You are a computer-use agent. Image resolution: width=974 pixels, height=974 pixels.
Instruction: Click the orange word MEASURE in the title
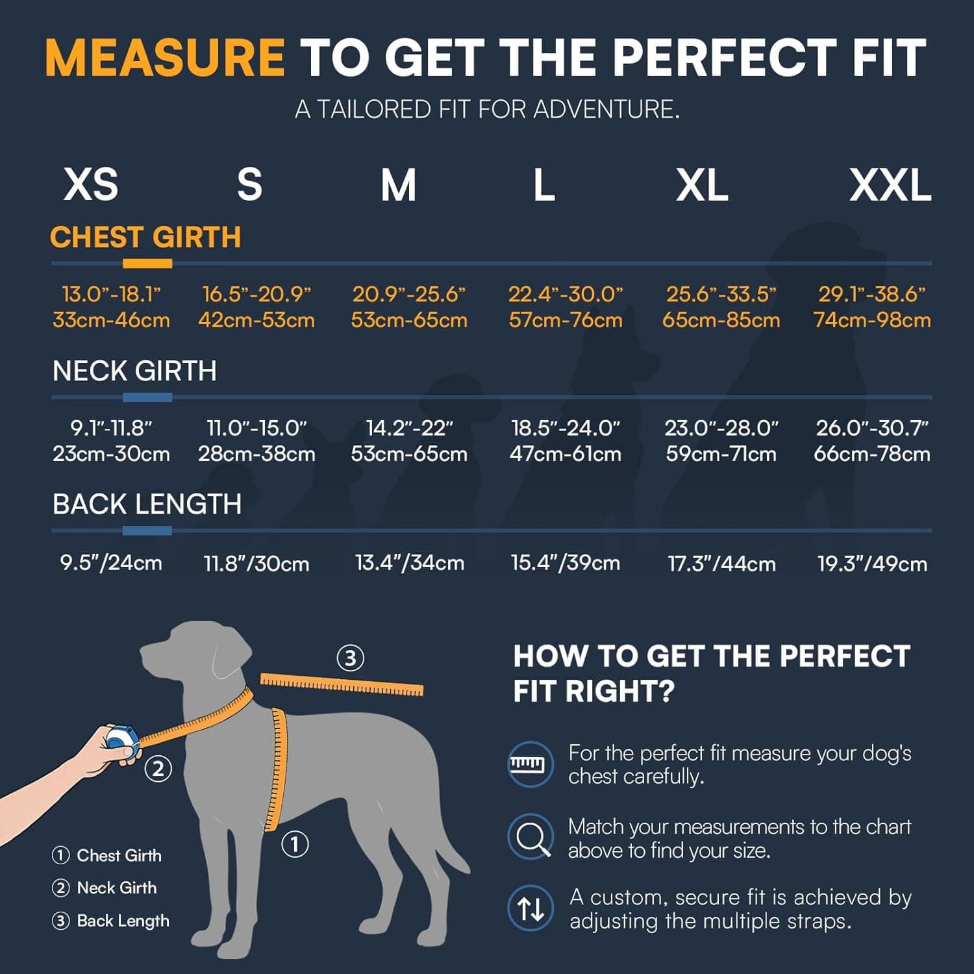tap(164, 58)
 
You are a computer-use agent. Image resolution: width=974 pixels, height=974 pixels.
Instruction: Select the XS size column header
tap(91, 184)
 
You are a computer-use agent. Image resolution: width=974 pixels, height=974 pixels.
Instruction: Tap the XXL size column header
tap(890, 186)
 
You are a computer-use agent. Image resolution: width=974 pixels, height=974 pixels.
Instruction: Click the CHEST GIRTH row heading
tap(145, 238)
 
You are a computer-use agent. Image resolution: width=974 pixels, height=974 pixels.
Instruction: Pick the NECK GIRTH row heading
tap(134, 371)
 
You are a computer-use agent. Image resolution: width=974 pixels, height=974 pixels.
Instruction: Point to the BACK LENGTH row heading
tap(147, 505)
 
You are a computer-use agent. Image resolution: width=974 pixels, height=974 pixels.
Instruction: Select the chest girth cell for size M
tap(409, 307)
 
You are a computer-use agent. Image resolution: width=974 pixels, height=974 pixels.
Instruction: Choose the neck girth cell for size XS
tap(111, 441)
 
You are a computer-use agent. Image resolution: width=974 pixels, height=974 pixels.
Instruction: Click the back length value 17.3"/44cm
tap(721, 564)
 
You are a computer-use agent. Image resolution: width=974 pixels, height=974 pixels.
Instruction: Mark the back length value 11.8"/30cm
tap(256, 564)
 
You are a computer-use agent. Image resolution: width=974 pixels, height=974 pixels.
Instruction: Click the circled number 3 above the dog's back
tap(350, 658)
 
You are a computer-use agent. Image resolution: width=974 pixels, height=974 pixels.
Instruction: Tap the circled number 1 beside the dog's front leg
tap(295, 845)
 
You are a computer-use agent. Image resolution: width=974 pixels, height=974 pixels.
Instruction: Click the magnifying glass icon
tap(531, 837)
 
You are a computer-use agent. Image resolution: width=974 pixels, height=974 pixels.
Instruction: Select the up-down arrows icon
tap(531, 908)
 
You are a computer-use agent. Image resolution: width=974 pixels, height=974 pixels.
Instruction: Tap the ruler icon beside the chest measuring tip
tap(531, 764)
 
